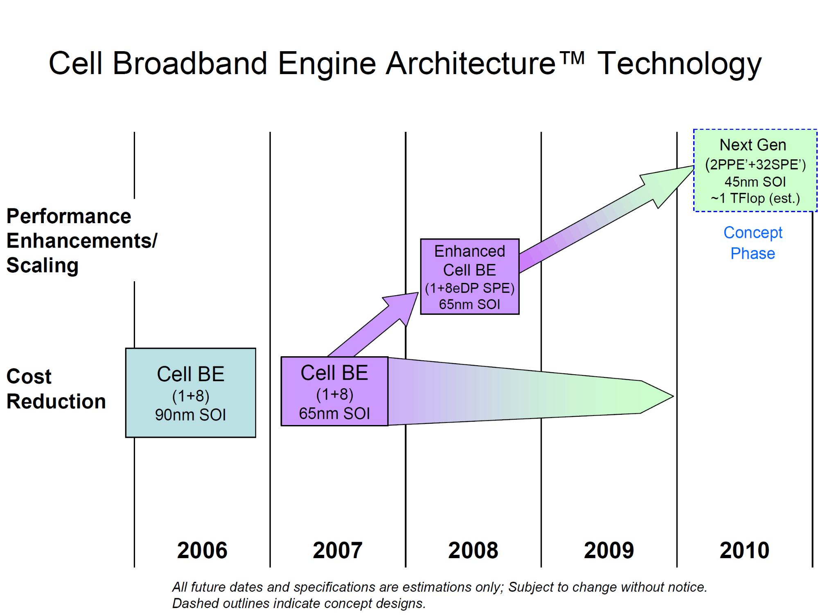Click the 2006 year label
(x=202, y=550)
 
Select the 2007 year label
(x=338, y=550)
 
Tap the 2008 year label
(x=473, y=550)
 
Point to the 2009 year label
(x=609, y=550)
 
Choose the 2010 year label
(x=744, y=550)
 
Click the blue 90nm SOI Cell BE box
(x=191, y=393)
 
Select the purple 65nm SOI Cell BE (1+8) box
(x=334, y=391)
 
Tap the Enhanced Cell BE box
(x=470, y=276)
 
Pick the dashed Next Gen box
(x=755, y=170)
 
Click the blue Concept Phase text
(x=753, y=243)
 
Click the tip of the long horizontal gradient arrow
(x=673, y=396)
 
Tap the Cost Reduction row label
(x=56, y=389)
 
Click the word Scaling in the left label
(x=43, y=265)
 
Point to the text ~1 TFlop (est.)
(x=755, y=198)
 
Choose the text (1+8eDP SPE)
(x=470, y=288)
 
